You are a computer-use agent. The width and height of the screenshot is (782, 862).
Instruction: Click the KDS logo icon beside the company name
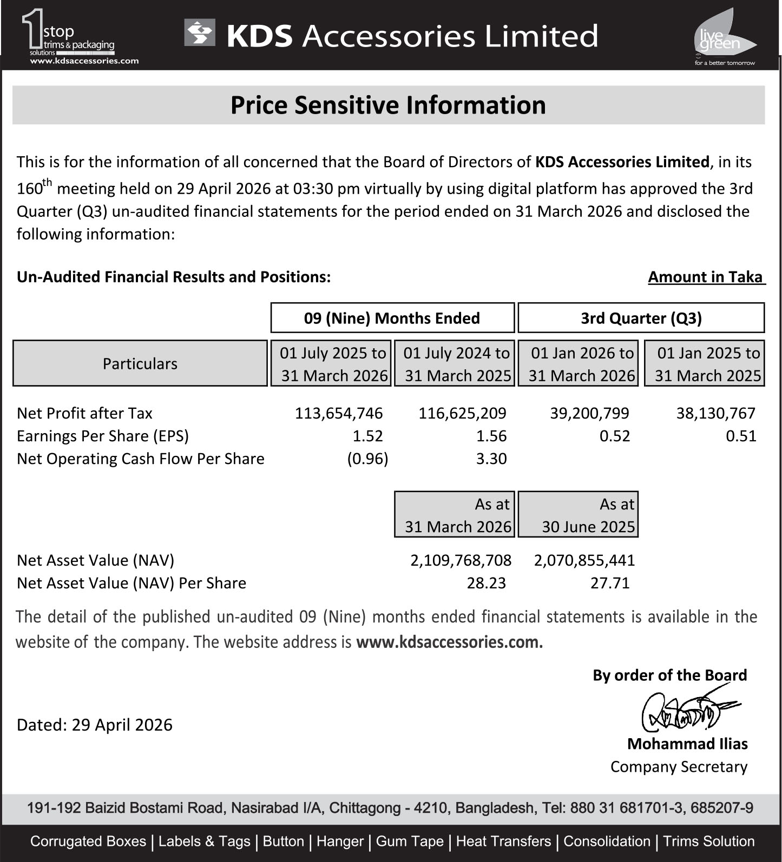(x=200, y=33)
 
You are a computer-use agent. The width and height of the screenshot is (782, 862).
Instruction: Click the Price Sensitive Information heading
(x=388, y=105)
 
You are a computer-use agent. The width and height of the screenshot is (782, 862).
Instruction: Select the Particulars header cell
(x=140, y=363)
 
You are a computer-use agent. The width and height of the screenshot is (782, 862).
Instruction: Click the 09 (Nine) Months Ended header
(x=392, y=318)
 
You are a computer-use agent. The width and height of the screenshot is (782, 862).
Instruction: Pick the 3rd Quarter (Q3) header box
(x=641, y=318)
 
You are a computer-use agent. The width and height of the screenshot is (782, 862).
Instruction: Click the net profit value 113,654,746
(x=339, y=413)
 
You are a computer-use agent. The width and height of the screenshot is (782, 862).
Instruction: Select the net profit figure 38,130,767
(x=715, y=413)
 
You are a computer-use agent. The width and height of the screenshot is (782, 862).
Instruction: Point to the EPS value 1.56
(x=491, y=436)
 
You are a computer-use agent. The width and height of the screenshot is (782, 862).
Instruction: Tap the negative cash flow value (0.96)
(x=367, y=459)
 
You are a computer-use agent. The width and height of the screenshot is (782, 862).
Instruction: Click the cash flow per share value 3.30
(x=491, y=459)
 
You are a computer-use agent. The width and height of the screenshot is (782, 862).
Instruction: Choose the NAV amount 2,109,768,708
(x=461, y=560)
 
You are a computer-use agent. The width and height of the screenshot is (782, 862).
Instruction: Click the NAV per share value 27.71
(x=610, y=583)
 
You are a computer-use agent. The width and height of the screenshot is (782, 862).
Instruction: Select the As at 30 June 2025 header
(x=578, y=515)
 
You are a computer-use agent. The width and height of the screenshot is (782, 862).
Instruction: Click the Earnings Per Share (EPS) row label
(x=103, y=436)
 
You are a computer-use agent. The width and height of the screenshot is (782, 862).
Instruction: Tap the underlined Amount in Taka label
(x=706, y=277)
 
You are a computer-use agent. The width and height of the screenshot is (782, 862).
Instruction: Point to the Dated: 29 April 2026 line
(x=95, y=725)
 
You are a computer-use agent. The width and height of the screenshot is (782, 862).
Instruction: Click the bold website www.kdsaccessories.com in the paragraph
(x=449, y=642)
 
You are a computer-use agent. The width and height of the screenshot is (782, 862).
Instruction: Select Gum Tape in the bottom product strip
(x=410, y=841)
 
